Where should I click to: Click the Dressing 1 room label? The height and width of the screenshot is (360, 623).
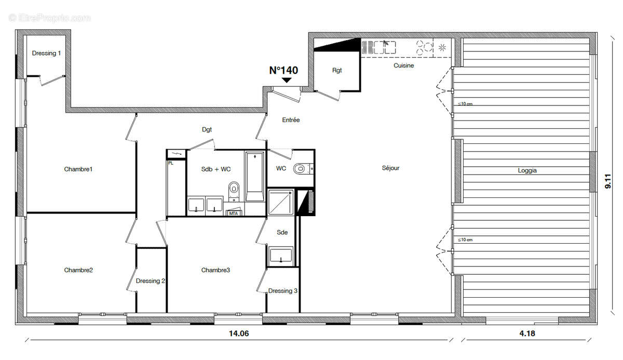pyautogui.click(x=46, y=53)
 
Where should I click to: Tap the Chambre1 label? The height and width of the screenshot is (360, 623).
pyautogui.click(x=78, y=169)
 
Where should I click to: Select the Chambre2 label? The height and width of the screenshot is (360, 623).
pyautogui.click(x=78, y=270)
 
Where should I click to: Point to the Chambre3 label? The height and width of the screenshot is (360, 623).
pyautogui.click(x=215, y=270)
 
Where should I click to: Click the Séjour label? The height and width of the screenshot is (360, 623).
pyautogui.click(x=391, y=168)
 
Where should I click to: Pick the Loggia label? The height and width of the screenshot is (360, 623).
pyautogui.click(x=527, y=170)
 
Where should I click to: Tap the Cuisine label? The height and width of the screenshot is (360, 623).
pyautogui.click(x=403, y=65)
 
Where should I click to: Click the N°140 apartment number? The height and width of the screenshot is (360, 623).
pyautogui.click(x=283, y=71)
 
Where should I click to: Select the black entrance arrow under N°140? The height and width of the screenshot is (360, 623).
pyautogui.click(x=286, y=80)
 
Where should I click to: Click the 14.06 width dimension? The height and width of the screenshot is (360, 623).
pyautogui.click(x=239, y=334)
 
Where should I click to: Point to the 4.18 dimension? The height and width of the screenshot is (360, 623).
pyautogui.click(x=527, y=334)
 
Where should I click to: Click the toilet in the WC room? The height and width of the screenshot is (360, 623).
pyautogui.click(x=301, y=169)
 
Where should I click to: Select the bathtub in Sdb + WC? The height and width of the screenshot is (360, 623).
pyautogui.click(x=254, y=177)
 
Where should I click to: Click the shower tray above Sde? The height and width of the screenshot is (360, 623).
pyautogui.click(x=280, y=202)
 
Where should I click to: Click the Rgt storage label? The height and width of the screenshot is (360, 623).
pyautogui.click(x=337, y=71)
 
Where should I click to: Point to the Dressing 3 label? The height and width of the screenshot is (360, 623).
pyautogui.click(x=283, y=291)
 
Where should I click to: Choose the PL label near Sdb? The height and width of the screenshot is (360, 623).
pyautogui.click(x=170, y=163)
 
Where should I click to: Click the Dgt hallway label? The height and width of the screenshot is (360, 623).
pyautogui.click(x=207, y=130)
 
